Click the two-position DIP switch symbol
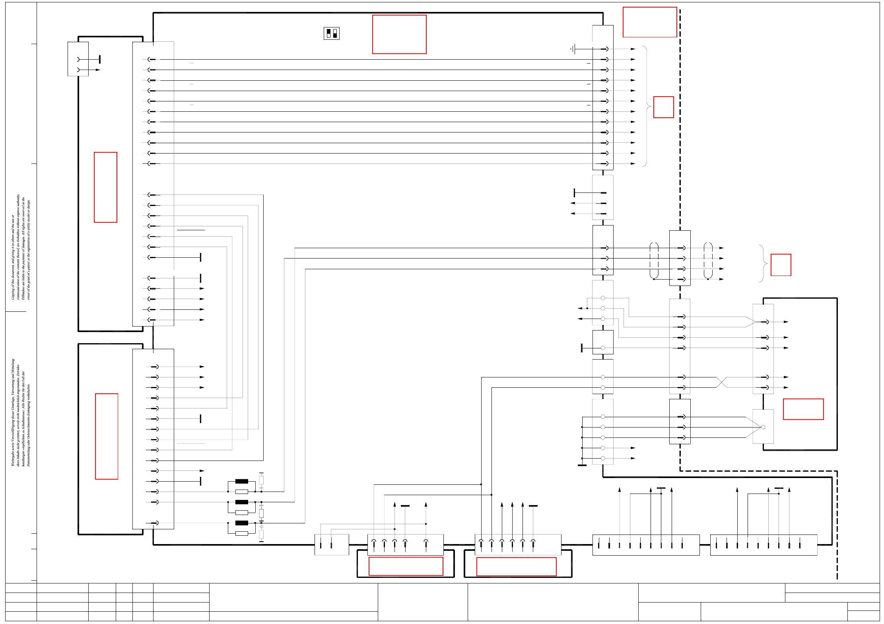point(331,33)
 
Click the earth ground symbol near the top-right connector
point(573,49)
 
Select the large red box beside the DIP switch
point(399,35)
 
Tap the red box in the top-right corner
point(650,22)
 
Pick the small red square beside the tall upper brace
point(664,107)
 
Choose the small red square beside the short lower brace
point(781,265)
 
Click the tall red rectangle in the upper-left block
point(105,187)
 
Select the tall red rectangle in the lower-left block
point(107,436)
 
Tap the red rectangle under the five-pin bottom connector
point(406,566)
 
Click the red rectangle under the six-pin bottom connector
point(516,567)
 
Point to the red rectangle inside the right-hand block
point(803,409)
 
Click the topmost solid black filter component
point(242,481)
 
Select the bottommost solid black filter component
point(242,523)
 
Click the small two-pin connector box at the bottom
point(332,545)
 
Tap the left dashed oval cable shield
point(654,260)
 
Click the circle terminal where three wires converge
point(763,427)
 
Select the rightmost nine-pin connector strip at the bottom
point(764,545)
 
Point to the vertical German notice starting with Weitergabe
point(20,412)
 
